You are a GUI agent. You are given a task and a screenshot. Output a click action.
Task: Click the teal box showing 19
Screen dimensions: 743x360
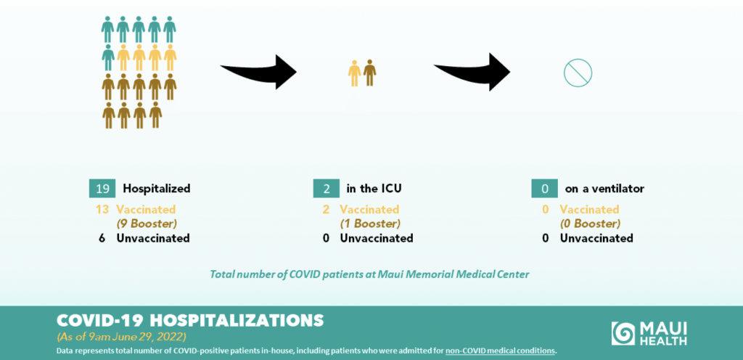[x=102, y=189]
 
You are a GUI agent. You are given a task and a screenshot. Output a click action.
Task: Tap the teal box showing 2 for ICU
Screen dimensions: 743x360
[x=326, y=189]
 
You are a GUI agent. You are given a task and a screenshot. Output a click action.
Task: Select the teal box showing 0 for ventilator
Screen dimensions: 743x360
[x=544, y=189]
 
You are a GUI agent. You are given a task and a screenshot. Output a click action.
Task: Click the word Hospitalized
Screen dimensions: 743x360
[x=157, y=189]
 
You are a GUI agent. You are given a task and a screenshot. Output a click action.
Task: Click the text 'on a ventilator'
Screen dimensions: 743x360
[x=604, y=189]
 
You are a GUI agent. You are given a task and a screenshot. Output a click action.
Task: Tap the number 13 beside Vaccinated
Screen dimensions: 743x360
[x=102, y=209]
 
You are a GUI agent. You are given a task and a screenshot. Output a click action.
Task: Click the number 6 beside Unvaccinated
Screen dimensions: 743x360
[x=102, y=238]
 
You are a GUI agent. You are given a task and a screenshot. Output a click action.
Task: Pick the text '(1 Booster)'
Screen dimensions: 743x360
[x=370, y=223]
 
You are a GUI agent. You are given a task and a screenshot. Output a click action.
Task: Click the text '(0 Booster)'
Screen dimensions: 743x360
[x=590, y=223]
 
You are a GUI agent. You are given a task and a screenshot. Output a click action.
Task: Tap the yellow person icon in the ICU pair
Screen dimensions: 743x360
[x=354, y=73]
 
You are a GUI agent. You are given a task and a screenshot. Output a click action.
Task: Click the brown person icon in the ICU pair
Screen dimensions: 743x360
[x=369, y=73]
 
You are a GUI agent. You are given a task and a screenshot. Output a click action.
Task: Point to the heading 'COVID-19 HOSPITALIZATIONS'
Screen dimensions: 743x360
[x=190, y=321]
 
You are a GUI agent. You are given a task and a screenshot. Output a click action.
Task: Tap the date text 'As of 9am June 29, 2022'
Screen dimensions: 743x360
[x=122, y=337]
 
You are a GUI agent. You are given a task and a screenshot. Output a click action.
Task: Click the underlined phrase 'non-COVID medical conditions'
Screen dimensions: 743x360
[x=500, y=351]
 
